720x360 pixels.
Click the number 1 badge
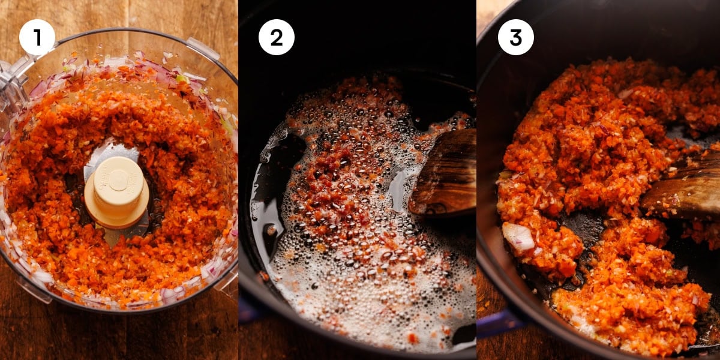point(37,37)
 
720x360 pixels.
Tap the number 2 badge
point(276,37)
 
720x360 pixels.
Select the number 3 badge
point(515,37)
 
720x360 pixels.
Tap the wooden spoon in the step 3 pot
point(684,192)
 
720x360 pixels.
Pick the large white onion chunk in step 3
point(518,236)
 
